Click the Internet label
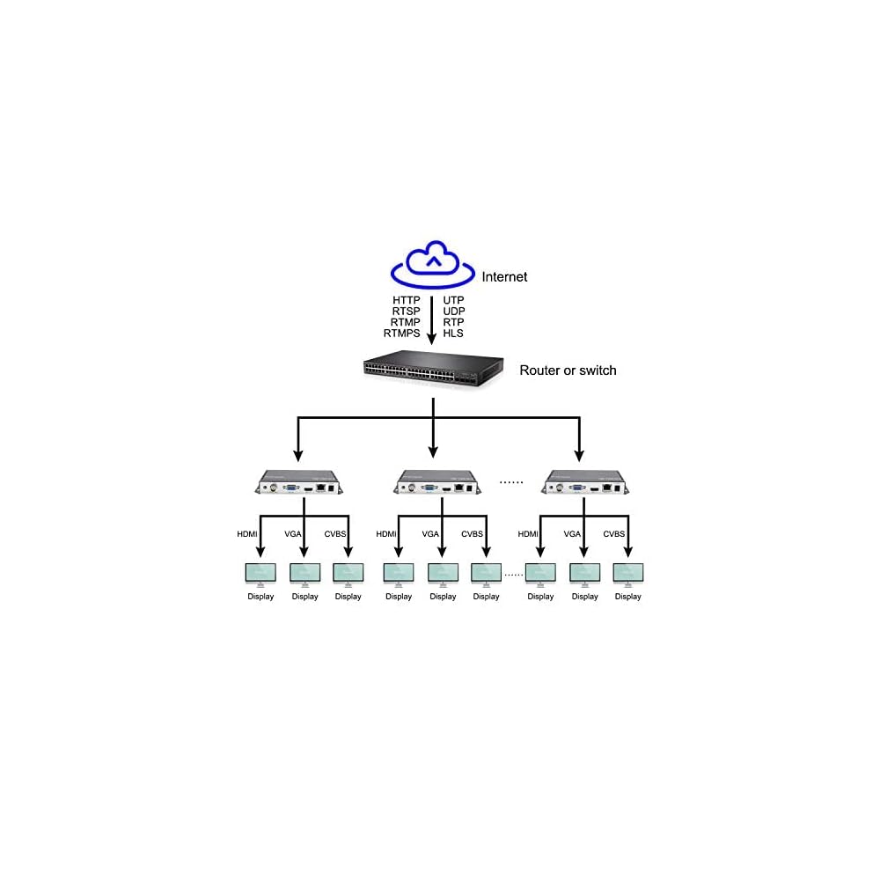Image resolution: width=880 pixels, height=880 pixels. click(x=504, y=276)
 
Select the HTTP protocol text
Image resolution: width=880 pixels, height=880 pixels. click(x=406, y=300)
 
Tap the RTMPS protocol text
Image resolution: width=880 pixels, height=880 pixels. click(x=402, y=334)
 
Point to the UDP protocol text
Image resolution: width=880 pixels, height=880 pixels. click(x=454, y=312)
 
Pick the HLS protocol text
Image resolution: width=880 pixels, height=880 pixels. click(x=453, y=334)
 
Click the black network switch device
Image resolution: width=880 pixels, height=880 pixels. click(x=433, y=369)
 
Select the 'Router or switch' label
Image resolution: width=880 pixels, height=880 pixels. click(x=568, y=370)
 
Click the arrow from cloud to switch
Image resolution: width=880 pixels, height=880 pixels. click(x=431, y=320)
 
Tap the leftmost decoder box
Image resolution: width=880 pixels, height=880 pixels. click(x=299, y=482)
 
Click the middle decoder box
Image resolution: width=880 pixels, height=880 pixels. click(x=437, y=482)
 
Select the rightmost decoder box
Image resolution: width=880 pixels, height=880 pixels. click(x=585, y=482)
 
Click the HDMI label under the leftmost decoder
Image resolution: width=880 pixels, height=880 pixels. click(x=247, y=534)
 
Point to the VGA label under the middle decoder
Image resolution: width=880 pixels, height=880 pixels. click(x=430, y=534)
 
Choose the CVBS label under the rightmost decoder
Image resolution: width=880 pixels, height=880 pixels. click(x=614, y=534)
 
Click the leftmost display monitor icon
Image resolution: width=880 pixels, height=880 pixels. click(x=260, y=575)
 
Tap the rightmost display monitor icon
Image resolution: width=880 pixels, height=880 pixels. click(x=628, y=575)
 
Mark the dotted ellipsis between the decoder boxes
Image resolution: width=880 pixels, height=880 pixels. click(x=511, y=482)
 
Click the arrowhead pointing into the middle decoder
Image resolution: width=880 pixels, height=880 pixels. click(x=433, y=451)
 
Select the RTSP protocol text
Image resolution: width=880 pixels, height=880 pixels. click(x=406, y=312)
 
